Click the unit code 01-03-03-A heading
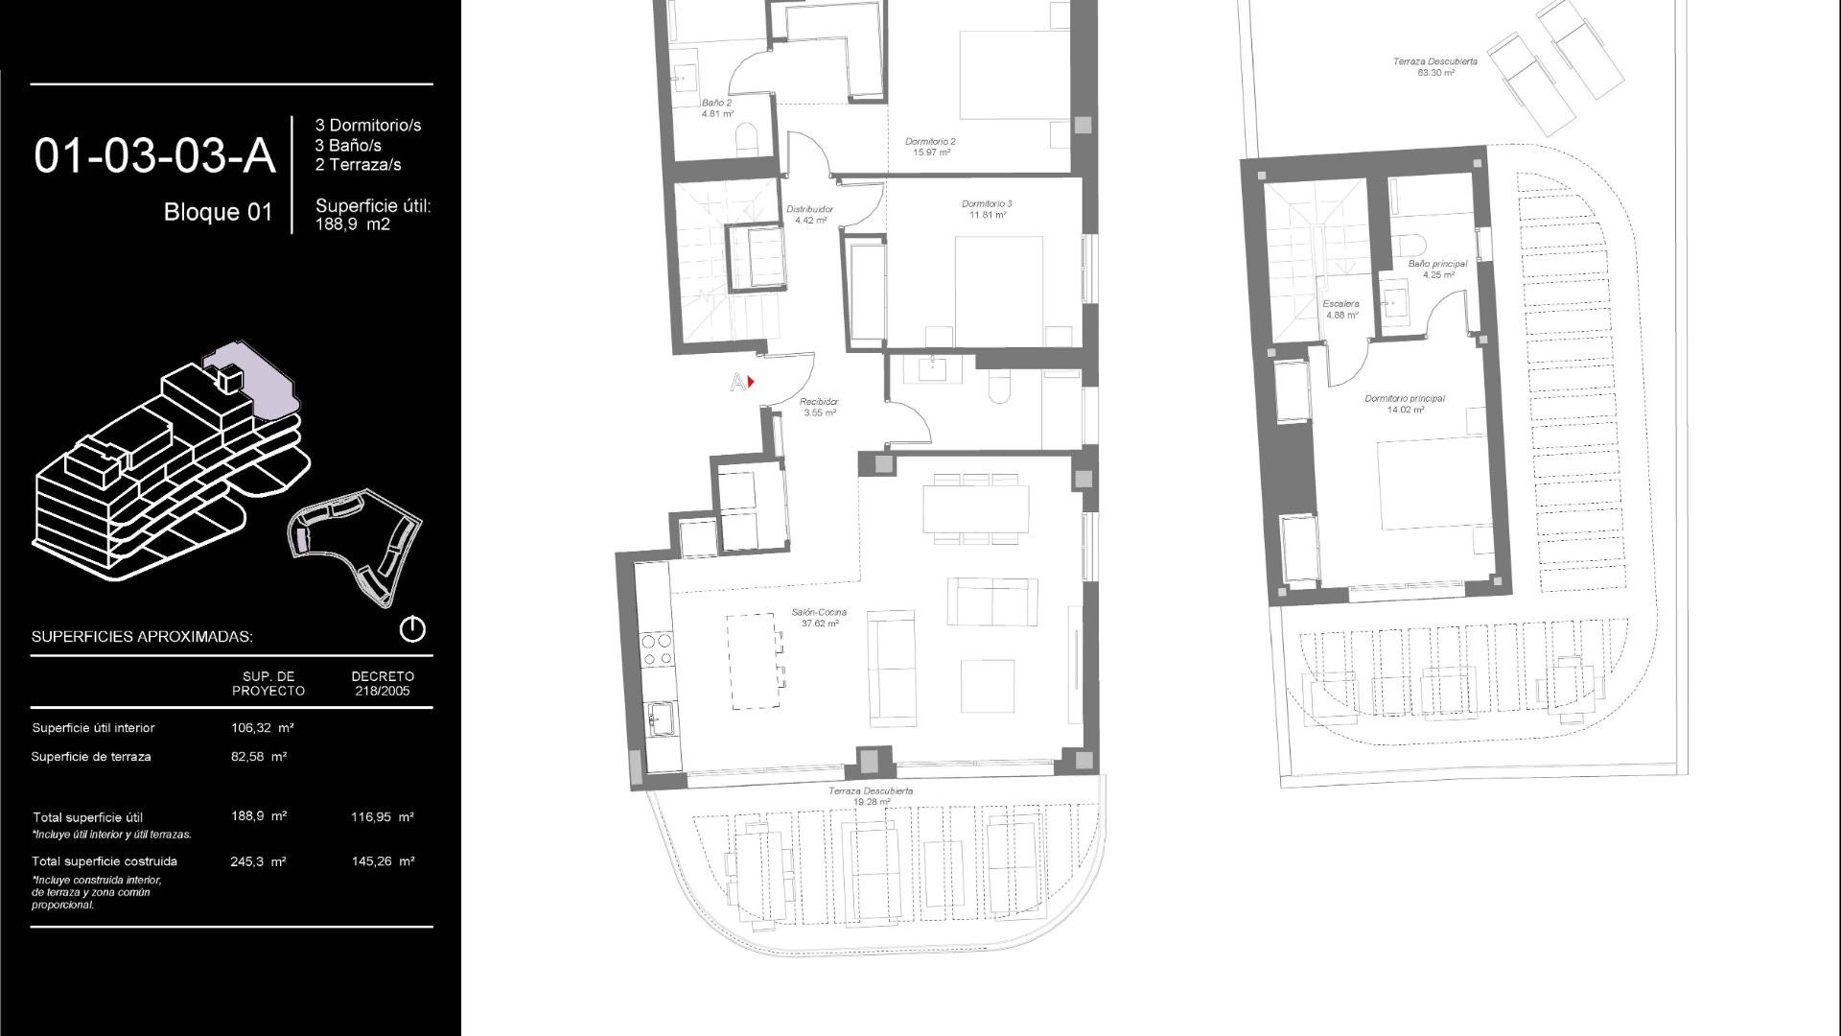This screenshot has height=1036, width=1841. pyautogui.click(x=154, y=156)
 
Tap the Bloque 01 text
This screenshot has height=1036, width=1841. pyautogui.click(x=219, y=212)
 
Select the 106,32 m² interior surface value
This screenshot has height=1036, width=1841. pyautogui.click(x=262, y=728)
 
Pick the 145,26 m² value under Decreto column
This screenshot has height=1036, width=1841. pyautogui.click(x=383, y=861)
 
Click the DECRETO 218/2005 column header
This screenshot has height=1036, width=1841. pyautogui.click(x=383, y=683)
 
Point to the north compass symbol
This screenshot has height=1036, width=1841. pyautogui.click(x=412, y=629)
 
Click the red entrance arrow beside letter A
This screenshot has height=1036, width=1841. pyautogui.click(x=751, y=382)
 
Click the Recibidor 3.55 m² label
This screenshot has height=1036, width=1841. pyautogui.click(x=820, y=407)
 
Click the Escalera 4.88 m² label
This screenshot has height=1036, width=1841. pyautogui.click(x=1341, y=309)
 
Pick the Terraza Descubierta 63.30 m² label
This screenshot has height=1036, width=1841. pyautogui.click(x=1434, y=66)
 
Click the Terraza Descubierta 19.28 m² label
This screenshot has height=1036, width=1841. pyautogui.click(x=870, y=796)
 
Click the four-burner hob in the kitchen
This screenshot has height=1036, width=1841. pyautogui.click(x=657, y=648)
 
